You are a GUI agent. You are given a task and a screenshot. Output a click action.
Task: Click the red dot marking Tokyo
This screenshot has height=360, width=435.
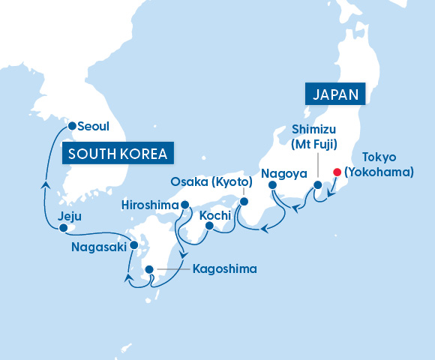tap(337, 172)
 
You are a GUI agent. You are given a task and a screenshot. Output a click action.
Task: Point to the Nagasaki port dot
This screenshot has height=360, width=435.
tap(134, 244)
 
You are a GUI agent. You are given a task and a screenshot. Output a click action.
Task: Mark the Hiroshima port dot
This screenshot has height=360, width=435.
tap(183, 205)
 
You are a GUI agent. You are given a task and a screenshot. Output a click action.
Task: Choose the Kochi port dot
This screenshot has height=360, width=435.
tap(209, 225)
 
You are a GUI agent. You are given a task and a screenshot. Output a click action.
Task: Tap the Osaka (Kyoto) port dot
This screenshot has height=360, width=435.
tap(243, 201)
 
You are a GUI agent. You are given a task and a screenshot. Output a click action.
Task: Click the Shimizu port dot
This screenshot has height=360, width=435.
tap(317, 184)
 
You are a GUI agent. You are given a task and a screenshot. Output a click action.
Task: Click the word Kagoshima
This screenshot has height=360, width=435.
tap(224, 268)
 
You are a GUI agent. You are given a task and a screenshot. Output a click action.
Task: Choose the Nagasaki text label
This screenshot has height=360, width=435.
tap(99, 246)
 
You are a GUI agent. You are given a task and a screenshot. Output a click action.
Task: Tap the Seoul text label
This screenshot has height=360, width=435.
tap(94, 126)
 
